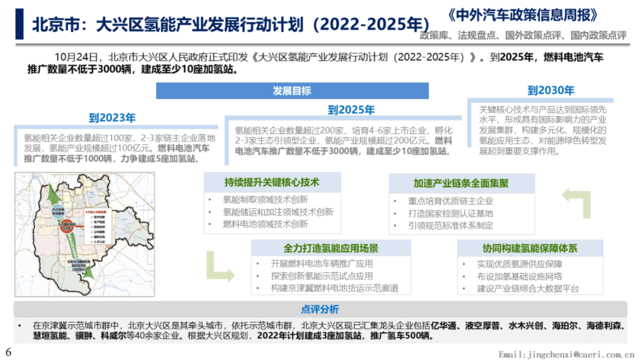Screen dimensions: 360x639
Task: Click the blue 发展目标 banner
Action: (x=292, y=91)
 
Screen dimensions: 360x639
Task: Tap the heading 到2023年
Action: (x=112, y=118)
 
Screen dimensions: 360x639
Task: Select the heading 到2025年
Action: (x=351, y=110)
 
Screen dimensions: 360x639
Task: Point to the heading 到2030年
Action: (x=550, y=90)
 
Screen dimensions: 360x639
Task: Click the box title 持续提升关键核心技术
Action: (x=272, y=182)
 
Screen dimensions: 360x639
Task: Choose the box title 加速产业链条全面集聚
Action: (x=461, y=183)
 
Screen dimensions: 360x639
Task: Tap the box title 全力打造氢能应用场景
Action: (x=331, y=248)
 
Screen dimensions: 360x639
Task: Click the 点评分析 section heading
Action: (x=320, y=310)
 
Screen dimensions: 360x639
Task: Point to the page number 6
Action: (x=8, y=352)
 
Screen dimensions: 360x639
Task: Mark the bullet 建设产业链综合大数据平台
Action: (x=528, y=289)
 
